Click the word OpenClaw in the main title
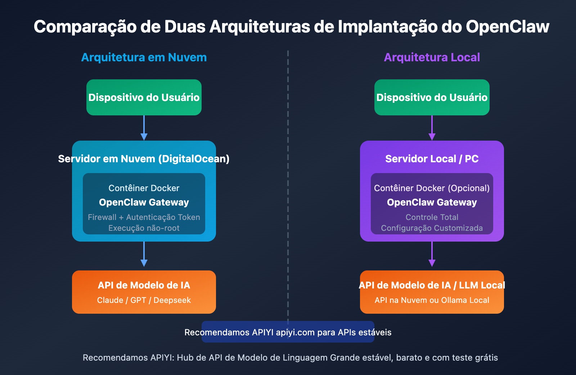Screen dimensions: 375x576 (507, 27)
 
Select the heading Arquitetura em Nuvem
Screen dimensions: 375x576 (144, 57)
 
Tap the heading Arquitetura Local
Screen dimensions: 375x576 (432, 57)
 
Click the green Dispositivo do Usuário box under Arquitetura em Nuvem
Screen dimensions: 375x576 (144, 97)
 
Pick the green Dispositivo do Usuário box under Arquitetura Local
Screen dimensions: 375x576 (432, 97)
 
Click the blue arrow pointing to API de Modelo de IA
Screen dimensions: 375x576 (144, 255)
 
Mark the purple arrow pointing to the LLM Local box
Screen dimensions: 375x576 (432, 255)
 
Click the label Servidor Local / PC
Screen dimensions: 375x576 (432, 159)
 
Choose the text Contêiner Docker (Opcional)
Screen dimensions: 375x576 (432, 188)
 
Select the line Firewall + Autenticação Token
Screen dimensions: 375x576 (144, 217)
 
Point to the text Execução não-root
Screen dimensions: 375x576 (144, 228)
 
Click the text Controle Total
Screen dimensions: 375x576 (432, 217)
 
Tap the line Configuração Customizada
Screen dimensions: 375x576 (432, 228)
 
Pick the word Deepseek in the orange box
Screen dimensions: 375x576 (172, 300)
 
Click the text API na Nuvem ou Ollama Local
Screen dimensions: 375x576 (432, 300)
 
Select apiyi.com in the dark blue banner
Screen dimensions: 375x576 (295, 332)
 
